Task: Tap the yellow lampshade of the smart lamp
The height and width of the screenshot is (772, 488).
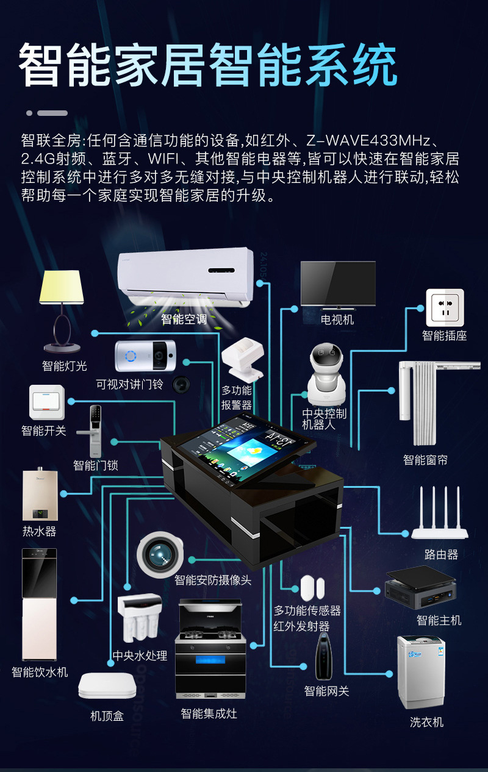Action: pos(61,287)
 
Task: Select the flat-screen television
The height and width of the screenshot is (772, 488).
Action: pos(338,284)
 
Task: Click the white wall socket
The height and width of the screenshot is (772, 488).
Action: pos(445,308)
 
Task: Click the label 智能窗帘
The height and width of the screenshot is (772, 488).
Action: pos(425,460)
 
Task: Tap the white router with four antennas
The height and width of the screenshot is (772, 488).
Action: pos(439,518)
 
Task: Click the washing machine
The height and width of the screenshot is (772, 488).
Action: pos(421,671)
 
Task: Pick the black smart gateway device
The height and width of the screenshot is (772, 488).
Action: pos(324,656)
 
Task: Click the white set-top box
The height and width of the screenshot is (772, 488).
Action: pos(107,686)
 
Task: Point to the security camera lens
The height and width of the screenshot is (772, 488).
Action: pos(160,554)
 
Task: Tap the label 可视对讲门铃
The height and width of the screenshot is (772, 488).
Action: pos(129,384)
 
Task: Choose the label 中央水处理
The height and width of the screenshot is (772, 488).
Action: pos(140,656)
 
